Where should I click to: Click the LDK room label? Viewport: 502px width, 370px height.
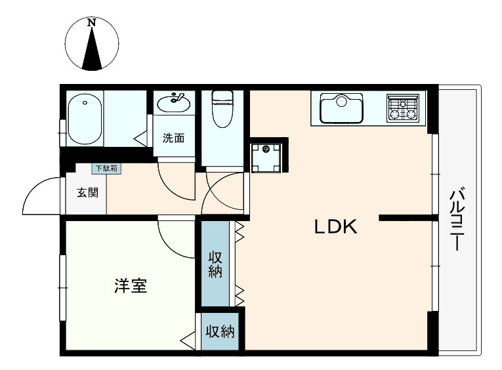(335, 228)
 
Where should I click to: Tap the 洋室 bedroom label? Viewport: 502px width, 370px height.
(130, 286)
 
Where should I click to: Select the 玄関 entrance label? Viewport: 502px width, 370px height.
(87, 193)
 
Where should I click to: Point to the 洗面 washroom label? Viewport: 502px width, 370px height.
(173, 138)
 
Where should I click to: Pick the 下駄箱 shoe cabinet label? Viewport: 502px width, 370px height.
(105, 168)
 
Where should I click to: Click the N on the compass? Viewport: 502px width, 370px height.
(93, 23)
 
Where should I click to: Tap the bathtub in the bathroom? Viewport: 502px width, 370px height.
(85, 119)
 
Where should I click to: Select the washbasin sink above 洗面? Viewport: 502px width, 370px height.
(175, 102)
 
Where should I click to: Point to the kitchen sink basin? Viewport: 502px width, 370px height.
(341, 108)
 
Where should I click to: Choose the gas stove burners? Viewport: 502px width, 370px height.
(402, 108)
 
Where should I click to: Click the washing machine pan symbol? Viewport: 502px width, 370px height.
(266, 155)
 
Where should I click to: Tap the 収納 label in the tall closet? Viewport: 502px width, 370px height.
(215, 264)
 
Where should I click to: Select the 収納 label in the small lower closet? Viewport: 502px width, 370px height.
(219, 332)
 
